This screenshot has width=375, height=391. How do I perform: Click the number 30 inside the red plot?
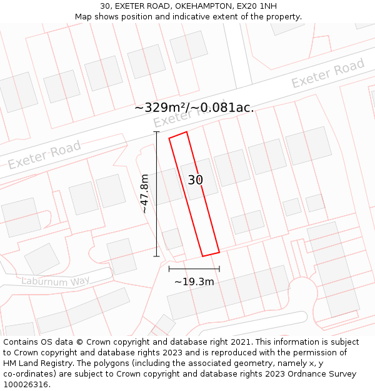tap(196, 180)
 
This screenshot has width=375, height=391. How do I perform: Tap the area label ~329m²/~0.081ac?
tap(194, 108)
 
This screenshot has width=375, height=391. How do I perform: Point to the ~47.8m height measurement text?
tap(145, 194)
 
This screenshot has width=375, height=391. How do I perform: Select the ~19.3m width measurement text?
tap(194, 282)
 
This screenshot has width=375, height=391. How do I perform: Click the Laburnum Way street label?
tap(56, 282)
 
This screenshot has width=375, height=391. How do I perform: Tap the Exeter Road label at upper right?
tap(327, 74)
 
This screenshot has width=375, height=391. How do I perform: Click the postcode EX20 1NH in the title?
tap(259, 6)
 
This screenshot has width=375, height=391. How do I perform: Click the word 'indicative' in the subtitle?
tap(181, 17)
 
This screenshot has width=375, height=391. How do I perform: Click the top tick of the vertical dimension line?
tap(156, 133)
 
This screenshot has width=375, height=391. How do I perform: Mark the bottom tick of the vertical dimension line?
tap(156, 256)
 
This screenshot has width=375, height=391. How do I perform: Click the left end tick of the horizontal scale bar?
tap(169, 269)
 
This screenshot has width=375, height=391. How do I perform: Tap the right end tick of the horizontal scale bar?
tap(219, 269)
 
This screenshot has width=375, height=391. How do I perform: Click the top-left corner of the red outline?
tap(169, 138)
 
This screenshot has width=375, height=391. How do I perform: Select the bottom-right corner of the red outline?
tap(219, 252)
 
